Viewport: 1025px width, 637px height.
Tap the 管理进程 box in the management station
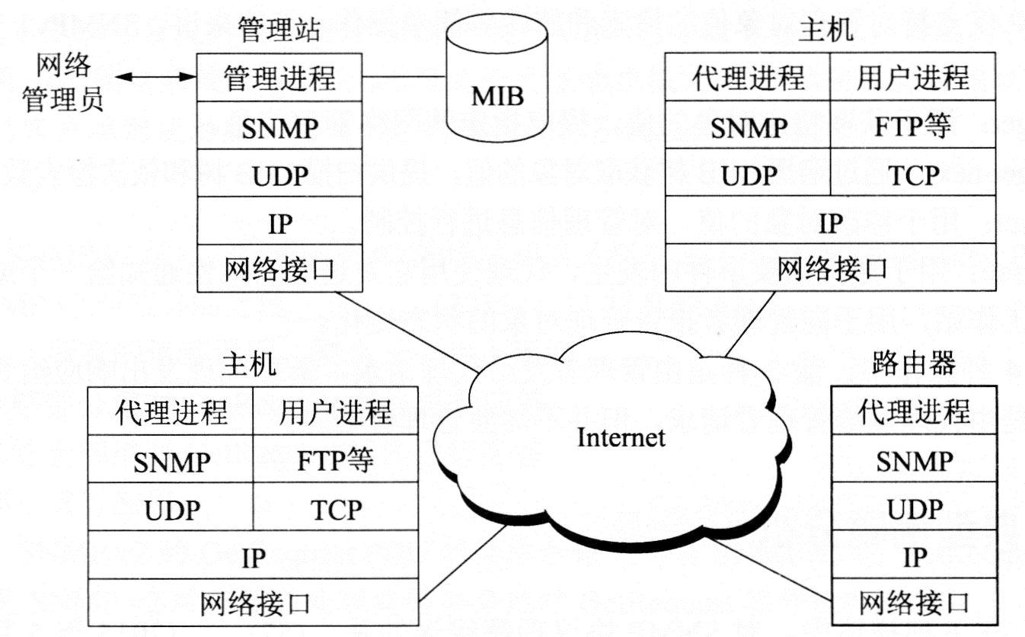279,78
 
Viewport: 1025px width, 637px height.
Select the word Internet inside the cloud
621,437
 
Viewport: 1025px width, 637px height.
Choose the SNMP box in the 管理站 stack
279,126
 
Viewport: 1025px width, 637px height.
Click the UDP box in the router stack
913,508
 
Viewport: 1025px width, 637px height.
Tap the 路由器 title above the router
912,364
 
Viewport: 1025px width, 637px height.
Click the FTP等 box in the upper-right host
912,126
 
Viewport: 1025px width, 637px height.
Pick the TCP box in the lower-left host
335,508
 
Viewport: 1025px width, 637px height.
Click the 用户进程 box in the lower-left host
335,412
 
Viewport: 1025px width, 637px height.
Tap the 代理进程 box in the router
913,412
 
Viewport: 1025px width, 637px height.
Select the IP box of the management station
279,222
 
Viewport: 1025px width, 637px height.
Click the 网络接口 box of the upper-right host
831,267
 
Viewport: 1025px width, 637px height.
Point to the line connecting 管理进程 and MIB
404,77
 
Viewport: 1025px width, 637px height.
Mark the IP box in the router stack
913,557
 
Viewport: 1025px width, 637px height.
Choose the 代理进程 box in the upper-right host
748,78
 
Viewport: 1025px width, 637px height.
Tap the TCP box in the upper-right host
912,174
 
